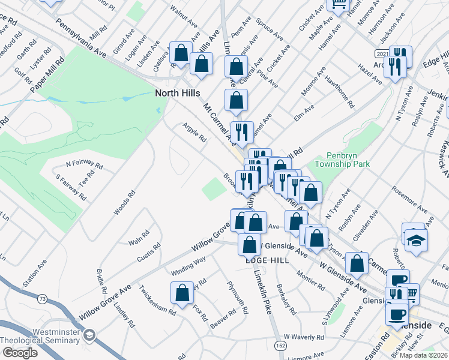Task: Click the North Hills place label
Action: point(178,93)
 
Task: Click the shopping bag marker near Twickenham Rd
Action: point(182,293)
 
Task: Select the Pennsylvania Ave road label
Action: point(80,38)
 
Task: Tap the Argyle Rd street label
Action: point(194,132)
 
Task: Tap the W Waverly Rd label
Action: point(304,338)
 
